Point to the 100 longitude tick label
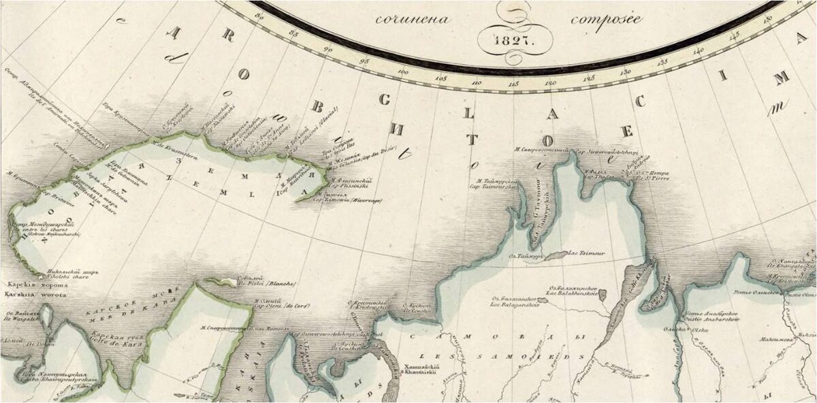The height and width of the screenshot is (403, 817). (x=403, y=71)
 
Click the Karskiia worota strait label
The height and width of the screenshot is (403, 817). (x=35, y=296)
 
